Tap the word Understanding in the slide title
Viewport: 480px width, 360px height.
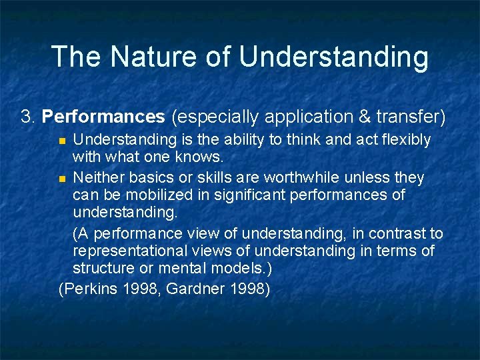click(333, 58)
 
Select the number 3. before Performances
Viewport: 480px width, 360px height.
click(28, 117)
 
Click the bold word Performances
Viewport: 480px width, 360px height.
click(103, 117)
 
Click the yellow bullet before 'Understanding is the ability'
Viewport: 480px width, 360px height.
click(62, 141)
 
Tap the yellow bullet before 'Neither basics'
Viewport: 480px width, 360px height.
click(62, 179)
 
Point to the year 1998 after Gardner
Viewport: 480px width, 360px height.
click(250, 289)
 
